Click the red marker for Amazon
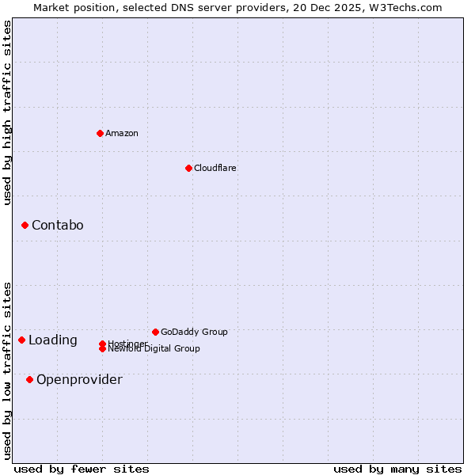pyautogui.click(x=100, y=133)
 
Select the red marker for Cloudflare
pyautogui.click(x=188, y=168)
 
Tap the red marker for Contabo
pyautogui.click(x=25, y=226)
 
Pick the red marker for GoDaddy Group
pyautogui.click(x=155, y=332)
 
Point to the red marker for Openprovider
pyautogui.click(x=29, y=380)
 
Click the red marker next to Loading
pyautogui.click(x=21, y=340)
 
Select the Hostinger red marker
pyautogui.click(x=102, y=344)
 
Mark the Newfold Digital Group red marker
pyautogui.click(x=102, y=349)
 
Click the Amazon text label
pyautogui.click(x=121, y=133)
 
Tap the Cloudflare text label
pyautogui.click(x=215, y=168)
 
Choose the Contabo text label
pyautogui.click(x=57, y=226)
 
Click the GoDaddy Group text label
pyautogui.click(x=194, y=332)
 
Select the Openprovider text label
pyautogui.click(x=79, y=380)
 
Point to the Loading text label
pyautogui.click(x=52, y=340)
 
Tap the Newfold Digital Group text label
pyautogui.click(x=154, y=349)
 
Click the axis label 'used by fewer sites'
pyautogui.click(x=82, y=469)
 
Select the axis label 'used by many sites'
pyautogui.click(x=397, y=469)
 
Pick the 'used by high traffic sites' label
pyautogui.click(x=7, y=112)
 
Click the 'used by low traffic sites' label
pyautogui.click(x=7, y=370)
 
